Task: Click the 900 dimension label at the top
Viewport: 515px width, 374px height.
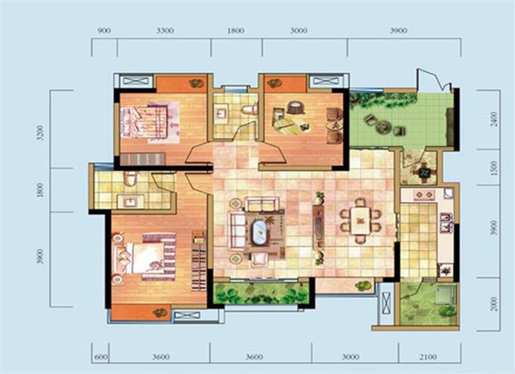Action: (x=104, y=31)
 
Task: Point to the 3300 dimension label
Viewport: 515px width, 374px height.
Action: (x=165, y=31)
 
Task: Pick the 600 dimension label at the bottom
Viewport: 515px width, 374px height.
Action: (x=101, y=357)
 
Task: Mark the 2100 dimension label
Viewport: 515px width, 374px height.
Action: (x=428, y=357)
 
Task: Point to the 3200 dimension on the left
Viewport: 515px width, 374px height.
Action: (x=40, y=133)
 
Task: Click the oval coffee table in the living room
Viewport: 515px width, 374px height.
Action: (x=260, y=232)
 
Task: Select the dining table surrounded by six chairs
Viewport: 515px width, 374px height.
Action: (x=360, y=220)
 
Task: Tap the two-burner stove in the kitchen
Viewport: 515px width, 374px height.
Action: (x=424, y=195)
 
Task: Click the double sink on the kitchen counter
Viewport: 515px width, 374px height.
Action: (x=446, y=223)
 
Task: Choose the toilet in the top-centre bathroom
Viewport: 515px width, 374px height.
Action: (x=250, y=108)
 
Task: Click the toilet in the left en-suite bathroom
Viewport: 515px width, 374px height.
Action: (x=130, y=178)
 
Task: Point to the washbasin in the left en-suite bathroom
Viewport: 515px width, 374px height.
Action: (x=130, y=201)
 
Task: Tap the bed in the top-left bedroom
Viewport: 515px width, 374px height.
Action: (x=149, y=122)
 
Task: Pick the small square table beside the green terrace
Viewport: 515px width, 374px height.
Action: (x=424, y=172)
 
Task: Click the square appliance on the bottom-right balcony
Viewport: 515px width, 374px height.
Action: (x=446, y=294)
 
